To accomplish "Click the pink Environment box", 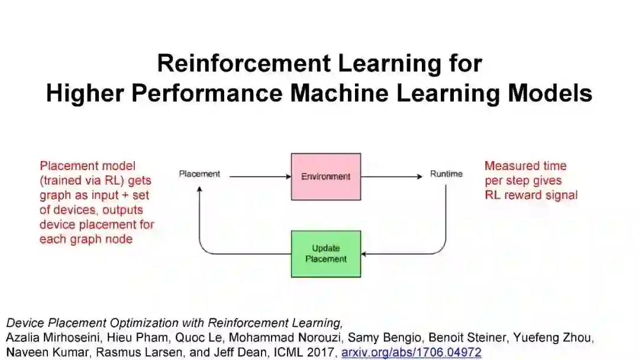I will coord(325,176).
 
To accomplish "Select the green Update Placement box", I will coord(325,254).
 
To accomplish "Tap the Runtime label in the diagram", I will coord(446,174).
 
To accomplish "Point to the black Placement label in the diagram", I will coord(199,174).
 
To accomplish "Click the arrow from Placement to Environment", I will coord(259,176).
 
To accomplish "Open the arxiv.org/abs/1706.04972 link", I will coord(411,352).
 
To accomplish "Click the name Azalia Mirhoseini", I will coord(48,338).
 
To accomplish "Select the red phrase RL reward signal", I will coord(531,195).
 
